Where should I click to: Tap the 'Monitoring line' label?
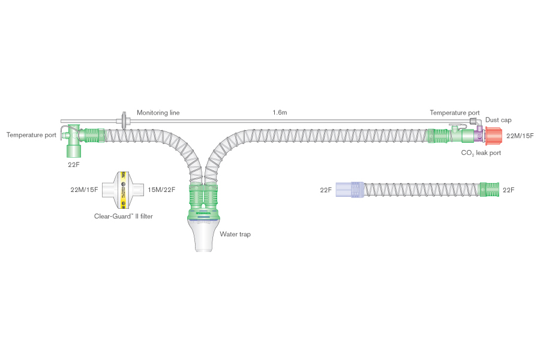[x=158, y=113]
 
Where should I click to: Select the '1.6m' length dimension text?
[x=279, y=113]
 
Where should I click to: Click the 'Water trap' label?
[x=235, y=234]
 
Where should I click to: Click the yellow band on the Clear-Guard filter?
[x=124, y=190]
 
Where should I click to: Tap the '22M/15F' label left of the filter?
[x=84, y=190]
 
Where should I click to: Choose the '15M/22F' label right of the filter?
[x=161, y=190]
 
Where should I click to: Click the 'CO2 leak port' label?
[x=481, y=154]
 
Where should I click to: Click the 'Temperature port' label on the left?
[x=31, y=135]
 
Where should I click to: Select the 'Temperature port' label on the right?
[x=454, y=113]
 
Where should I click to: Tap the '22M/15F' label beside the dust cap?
[x=520, y=136]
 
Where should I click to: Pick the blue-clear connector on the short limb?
[x=350, y=190]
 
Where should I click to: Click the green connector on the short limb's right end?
[x=490, y=190]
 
